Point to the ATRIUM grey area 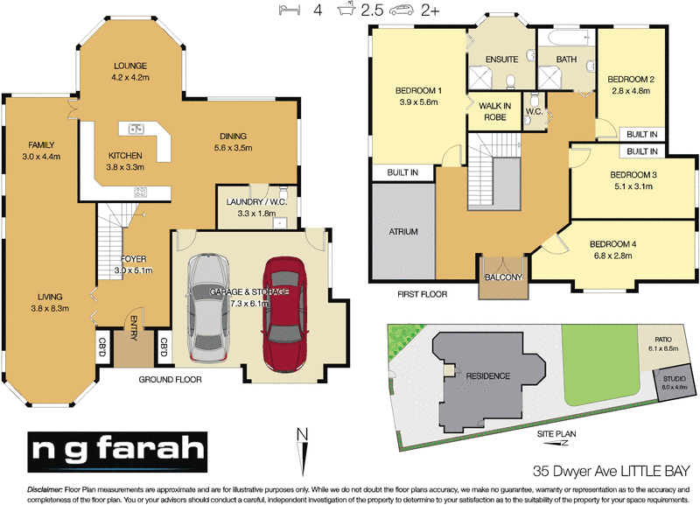coord(402,232)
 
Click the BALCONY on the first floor coord(502,277)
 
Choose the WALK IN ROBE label coord(494,111)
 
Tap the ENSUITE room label coord(502,59)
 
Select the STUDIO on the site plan coord(674,382)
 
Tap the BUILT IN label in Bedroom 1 coord(402,173)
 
